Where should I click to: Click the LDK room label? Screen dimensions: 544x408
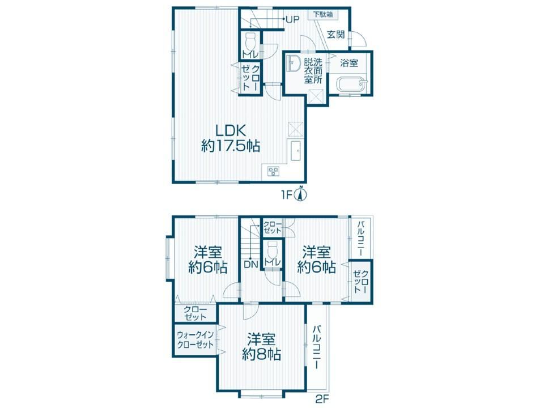tap(231, 131)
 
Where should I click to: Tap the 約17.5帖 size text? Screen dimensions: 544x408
tap(231, 146)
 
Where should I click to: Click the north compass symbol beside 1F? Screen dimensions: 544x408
tap(301, 194)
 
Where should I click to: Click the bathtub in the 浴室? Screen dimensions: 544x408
tap(351, 84)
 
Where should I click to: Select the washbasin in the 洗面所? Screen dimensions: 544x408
tap(294, 63)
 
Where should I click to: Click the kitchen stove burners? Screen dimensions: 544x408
tap(273, 171)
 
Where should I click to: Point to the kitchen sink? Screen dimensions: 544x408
tap(295, 151)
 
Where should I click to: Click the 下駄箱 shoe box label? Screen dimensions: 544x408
tap(324, 15)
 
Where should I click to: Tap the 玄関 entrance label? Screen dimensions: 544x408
tap(336, 35)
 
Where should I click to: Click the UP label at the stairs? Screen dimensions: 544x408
tap(292, 19)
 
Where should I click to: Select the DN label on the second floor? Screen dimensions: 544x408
tap(250, 265)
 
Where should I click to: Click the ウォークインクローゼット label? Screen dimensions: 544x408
tap(195, 340)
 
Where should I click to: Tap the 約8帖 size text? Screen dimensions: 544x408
tap(261, 354)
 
